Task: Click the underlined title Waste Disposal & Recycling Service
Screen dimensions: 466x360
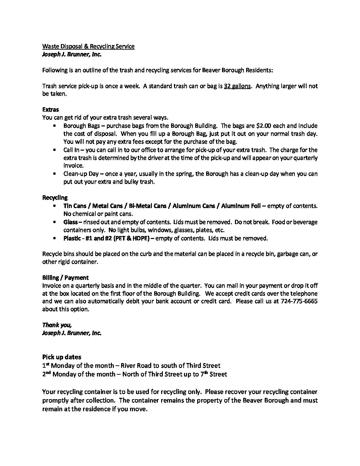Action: coord(88,46)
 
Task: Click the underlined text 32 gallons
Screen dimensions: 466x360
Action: coord(238,86)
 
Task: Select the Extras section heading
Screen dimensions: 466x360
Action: coord(51,110)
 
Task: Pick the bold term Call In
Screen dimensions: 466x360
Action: coord(71,150)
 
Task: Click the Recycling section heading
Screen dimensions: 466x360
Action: coord(55,198)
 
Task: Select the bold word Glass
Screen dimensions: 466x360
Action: coord(70,222)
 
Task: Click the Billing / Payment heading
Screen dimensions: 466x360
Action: coord(66,278)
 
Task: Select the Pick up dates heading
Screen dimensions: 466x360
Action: coord(62,357)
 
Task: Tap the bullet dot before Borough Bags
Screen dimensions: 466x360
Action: coord(55,126)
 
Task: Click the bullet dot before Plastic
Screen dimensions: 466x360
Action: coord(55,238)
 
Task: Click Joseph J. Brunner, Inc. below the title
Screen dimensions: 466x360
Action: coord(72,54)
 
